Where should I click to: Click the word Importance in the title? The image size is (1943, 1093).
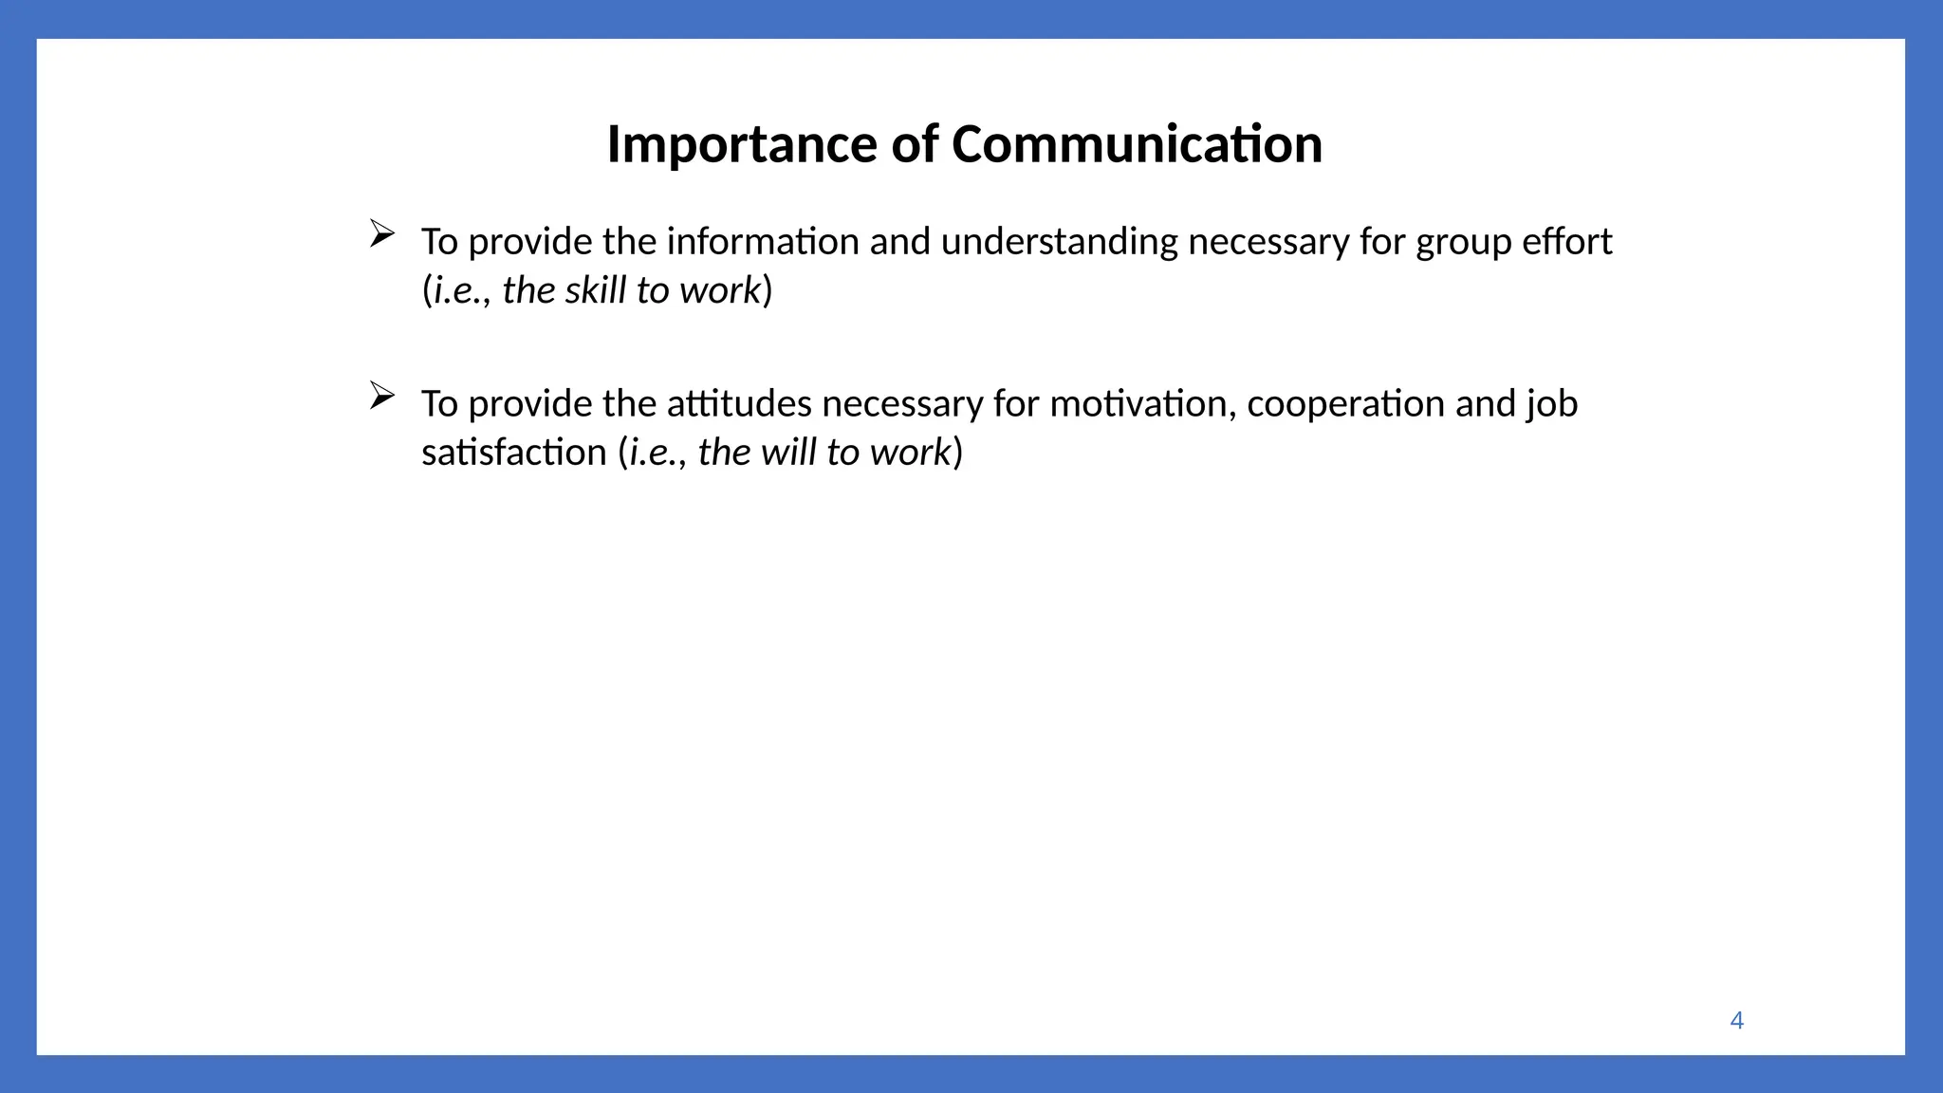click(x=742, y=145)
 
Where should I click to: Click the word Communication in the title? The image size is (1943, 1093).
click(x=1137, y=145)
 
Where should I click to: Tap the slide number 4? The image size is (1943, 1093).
click(x=1736, y=1020)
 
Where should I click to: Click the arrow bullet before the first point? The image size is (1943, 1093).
click(x=381, y=232)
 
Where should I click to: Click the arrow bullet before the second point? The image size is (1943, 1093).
click(x=381, y=395)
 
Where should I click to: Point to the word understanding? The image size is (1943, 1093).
click(x=1059, y=243)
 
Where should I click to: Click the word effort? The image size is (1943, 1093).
click(x=1566, y=241)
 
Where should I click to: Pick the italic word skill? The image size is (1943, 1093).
click(x=595, y=290)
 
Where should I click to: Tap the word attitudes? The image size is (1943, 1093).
click(x=739, y=404)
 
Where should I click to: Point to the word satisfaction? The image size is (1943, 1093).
click(x=513, y=453)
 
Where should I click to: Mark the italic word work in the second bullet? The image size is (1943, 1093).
click(x=910, y=453)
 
